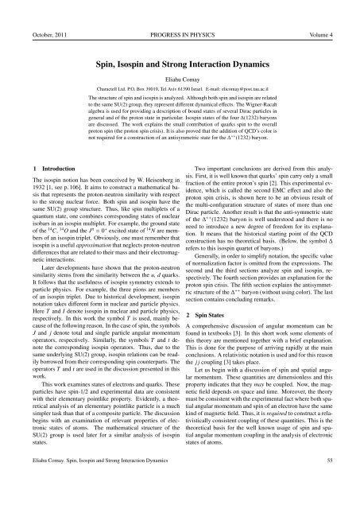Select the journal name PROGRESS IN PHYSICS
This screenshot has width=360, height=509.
click(180, 10)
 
